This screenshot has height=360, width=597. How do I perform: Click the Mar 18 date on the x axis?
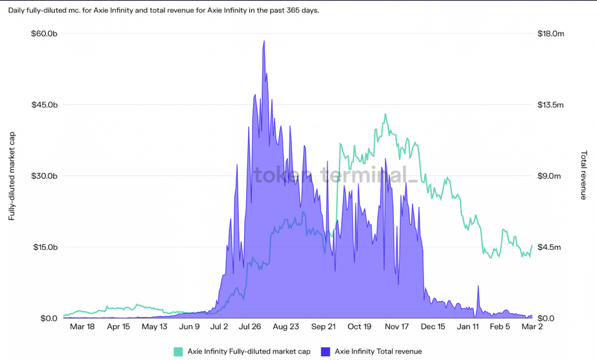coord(82,327)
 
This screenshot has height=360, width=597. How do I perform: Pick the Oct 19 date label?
coord(359,327)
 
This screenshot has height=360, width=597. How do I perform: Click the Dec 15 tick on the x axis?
coord(433,327)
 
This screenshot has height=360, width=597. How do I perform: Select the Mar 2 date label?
coord(532,327)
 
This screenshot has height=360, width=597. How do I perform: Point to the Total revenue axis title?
coord(584,175)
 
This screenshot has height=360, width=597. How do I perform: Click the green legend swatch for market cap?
coord(178,352)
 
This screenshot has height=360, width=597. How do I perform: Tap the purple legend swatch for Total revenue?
coord(325,352)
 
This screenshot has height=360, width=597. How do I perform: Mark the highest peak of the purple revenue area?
coord(264,41)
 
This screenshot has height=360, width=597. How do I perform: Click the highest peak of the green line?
coord(385,115)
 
